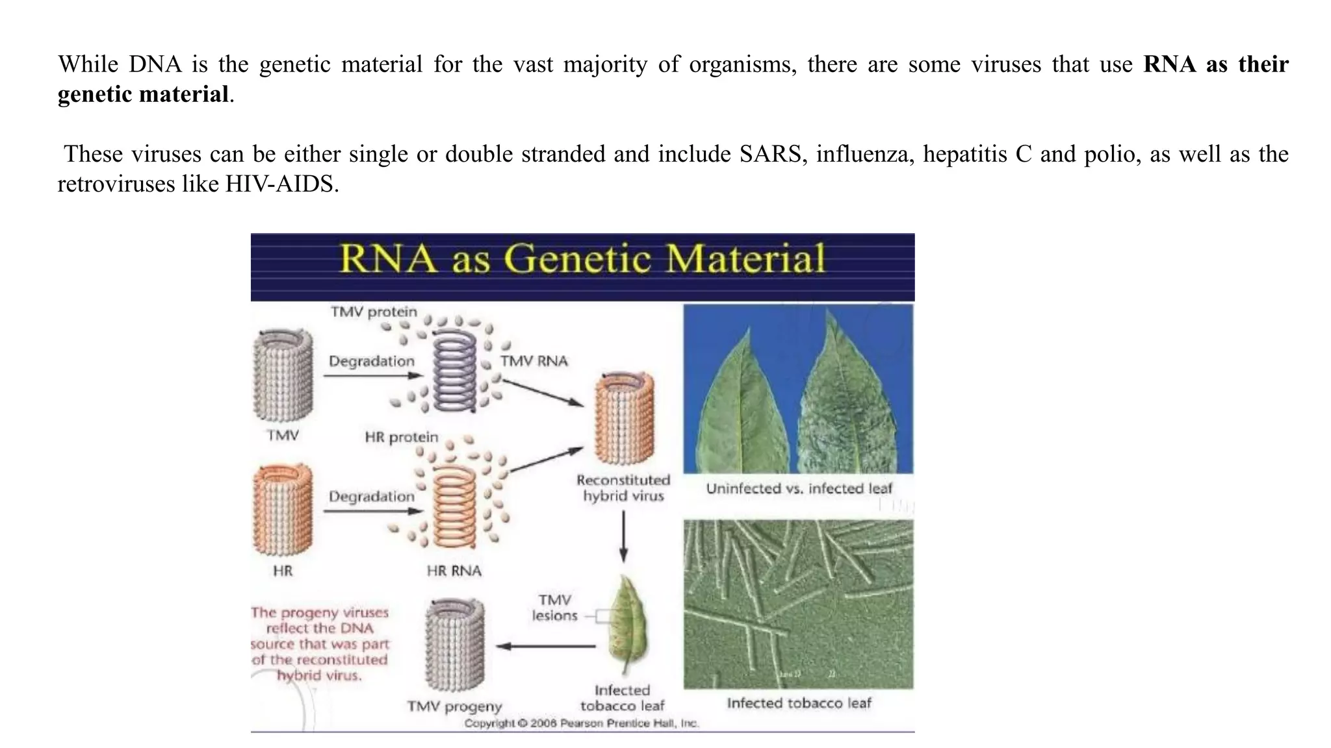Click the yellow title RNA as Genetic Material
click(582, 258)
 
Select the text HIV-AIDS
click(281, 184)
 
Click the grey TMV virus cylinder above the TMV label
click(283, 375)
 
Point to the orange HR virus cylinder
click(283, 510)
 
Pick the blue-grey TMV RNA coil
click(454, 371)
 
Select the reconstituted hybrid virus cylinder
click(624, 419)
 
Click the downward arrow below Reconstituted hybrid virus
click(623, 536)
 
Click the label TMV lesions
click(554, 608)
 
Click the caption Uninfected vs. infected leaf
click(799, 488)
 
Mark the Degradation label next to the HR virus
click(371, 497)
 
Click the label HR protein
click(401, 437)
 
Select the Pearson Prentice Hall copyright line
click(582, 723)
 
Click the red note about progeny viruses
click(320, 643)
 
